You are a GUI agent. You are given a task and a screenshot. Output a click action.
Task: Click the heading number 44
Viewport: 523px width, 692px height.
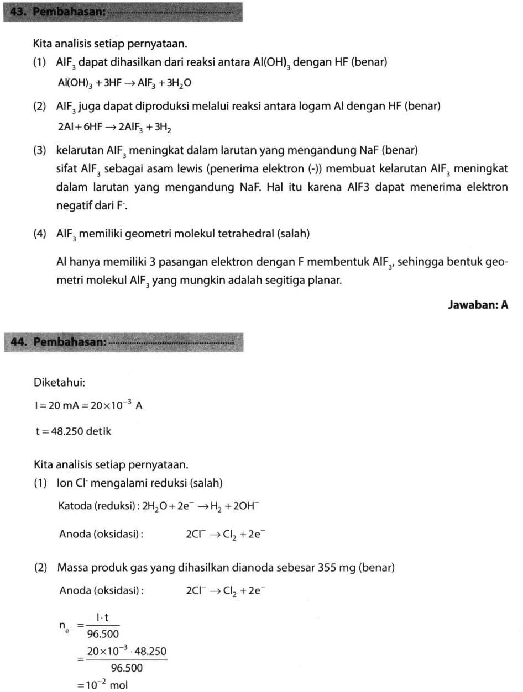(20, 342)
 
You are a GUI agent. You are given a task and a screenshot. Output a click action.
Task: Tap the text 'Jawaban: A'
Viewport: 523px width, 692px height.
(478, 304)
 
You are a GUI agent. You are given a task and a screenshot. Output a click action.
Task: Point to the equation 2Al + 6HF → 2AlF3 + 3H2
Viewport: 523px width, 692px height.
(114, 128)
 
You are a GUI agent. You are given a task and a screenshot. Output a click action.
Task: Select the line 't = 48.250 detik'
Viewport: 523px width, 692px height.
(73, 431)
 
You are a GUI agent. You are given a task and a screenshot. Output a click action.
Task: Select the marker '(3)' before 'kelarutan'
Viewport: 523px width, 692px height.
(39, 150)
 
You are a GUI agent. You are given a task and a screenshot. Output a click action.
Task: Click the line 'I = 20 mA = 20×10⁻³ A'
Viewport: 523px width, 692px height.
(88, 405)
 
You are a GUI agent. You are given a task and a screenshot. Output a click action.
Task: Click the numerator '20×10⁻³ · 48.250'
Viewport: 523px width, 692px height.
(126, 652)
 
